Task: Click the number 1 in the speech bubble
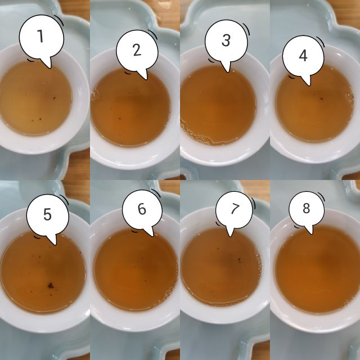(40, 35)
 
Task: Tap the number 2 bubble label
(137, 49)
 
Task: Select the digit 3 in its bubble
(226, 40)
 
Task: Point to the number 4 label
(303, 56)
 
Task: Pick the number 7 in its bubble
(235, 209)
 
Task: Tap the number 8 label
(306, 209)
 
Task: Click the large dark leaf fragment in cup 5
(50, 285)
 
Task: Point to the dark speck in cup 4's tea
(321, 98)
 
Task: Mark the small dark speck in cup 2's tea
(121, 118)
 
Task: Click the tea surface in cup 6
(135, 276)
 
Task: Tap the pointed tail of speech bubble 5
(54, 243)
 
